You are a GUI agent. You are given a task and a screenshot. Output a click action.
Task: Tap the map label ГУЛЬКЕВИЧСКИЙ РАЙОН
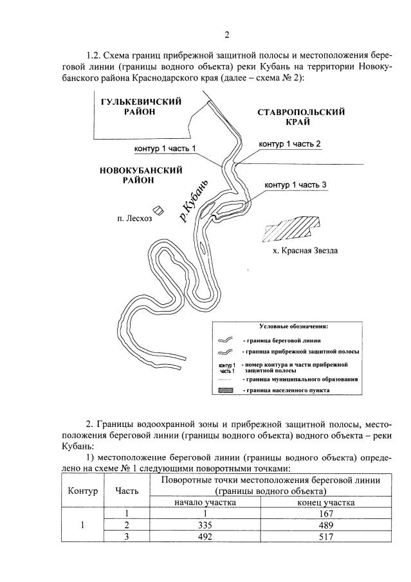[x=140, y=106]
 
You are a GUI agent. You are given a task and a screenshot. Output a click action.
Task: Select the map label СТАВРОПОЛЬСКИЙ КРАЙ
[x=300, y=116]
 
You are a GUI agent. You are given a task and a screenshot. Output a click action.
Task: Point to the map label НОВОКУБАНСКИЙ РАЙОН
[x=139, y=175]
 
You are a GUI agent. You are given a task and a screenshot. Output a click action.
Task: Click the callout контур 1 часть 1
[x=165, y=149]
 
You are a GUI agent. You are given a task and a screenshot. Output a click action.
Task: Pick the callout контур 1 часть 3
[x=296, y=185]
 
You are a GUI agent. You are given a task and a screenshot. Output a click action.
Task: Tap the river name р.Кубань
[x=194, y=201]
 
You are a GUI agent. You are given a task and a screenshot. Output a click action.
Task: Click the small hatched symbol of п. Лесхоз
[x=156, y=210]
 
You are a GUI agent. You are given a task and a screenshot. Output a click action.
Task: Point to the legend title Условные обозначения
[x=293, y=326]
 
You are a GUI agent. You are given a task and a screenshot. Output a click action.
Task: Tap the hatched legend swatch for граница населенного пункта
[x=229, y=390]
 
